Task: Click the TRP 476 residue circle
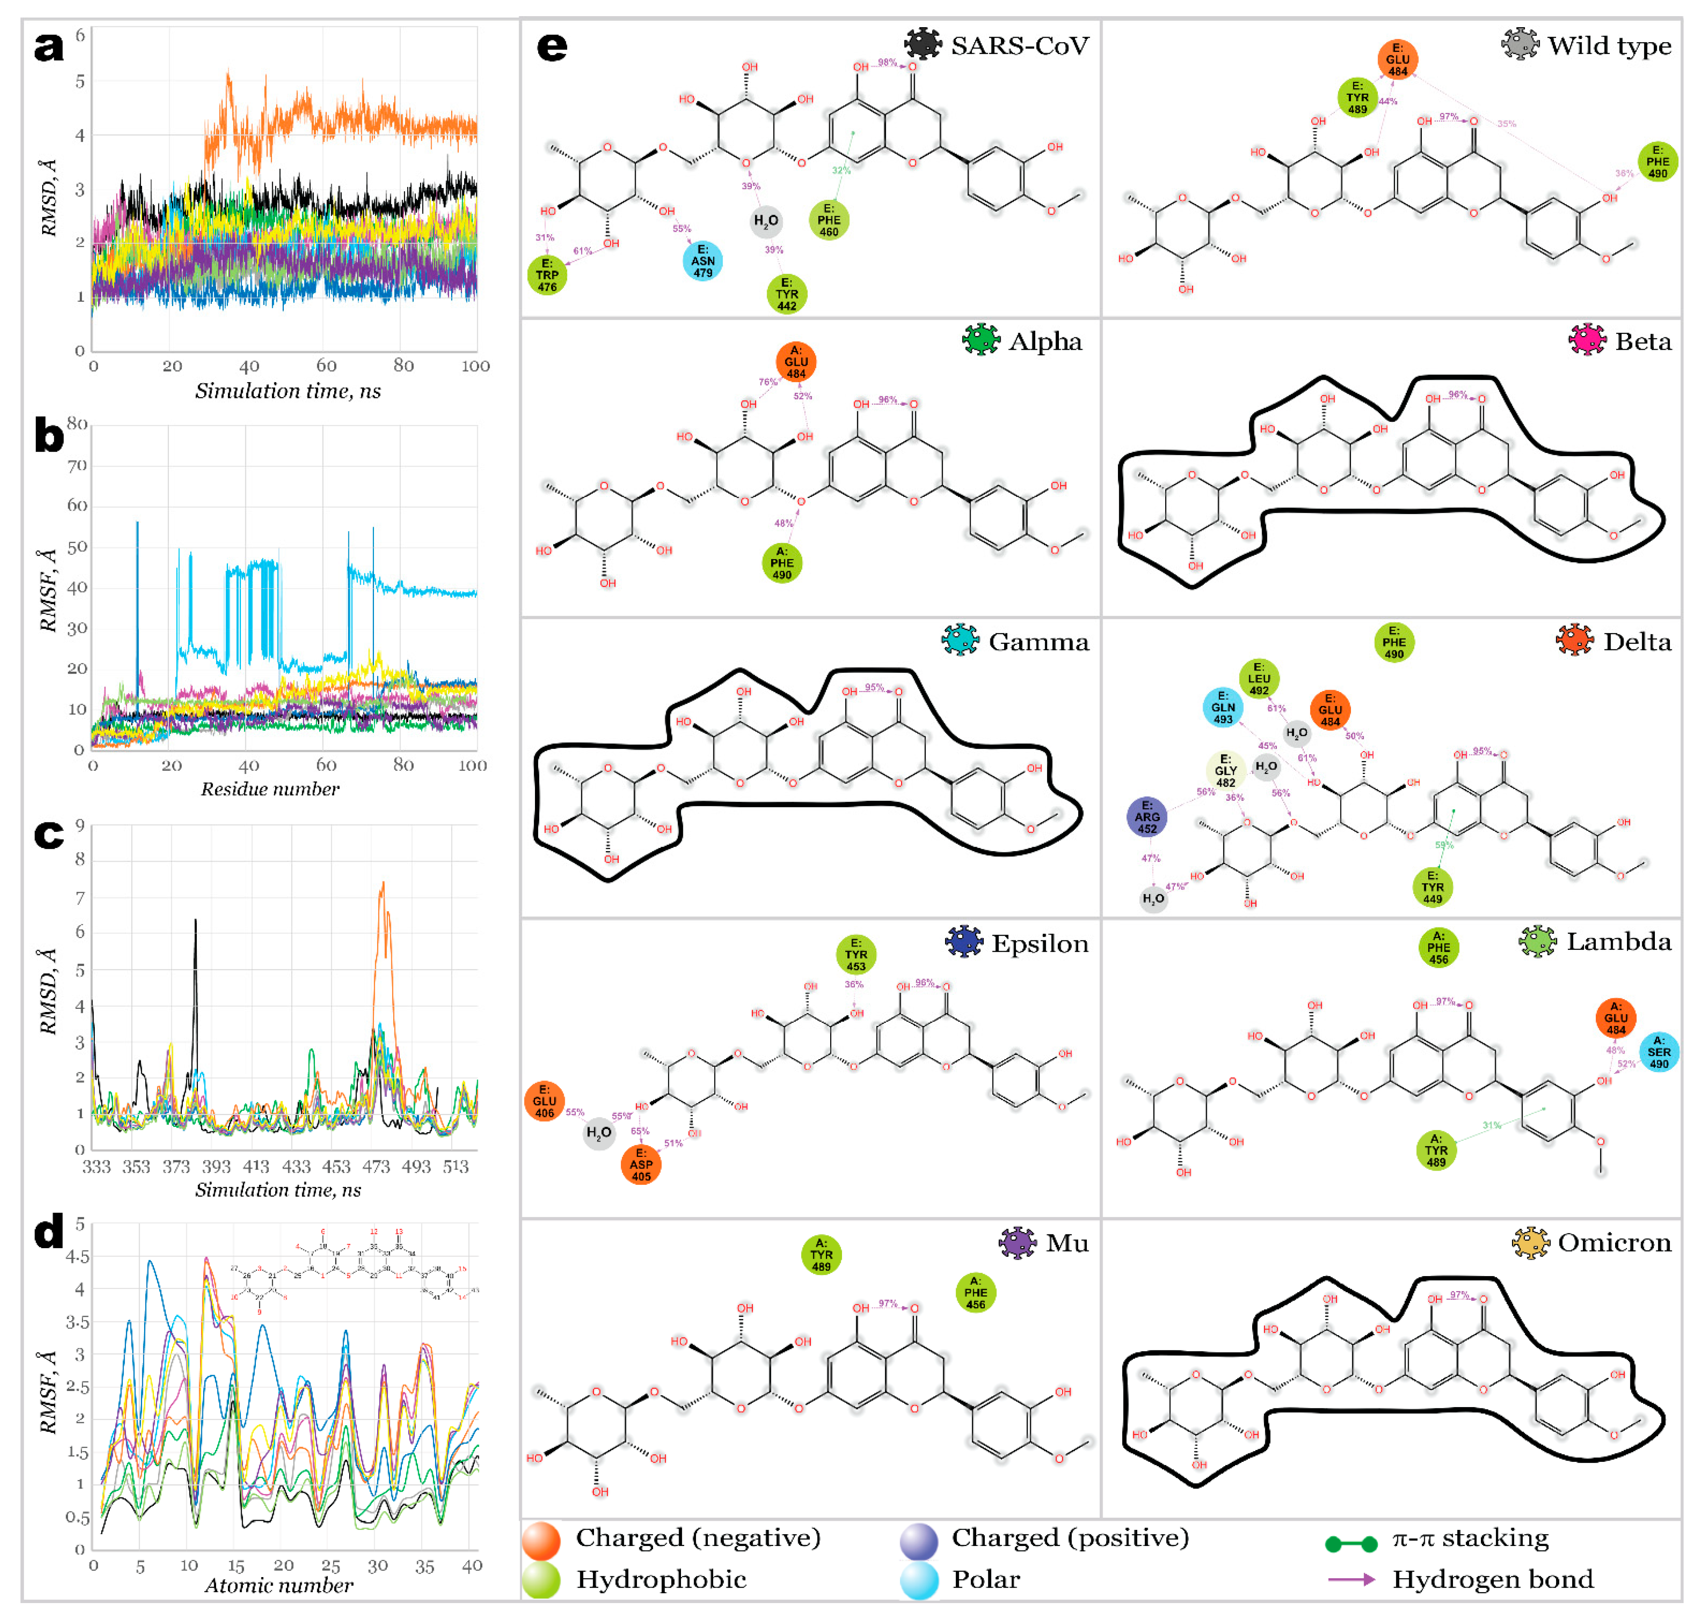pos(547,275)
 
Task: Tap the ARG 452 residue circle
pos(1146,817)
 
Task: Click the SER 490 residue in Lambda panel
pos(1659,1052)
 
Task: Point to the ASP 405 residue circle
pos(641,1164)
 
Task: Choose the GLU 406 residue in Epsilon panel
pos(544,1101)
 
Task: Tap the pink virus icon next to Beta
pos(1587,341)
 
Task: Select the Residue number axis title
pos(270,789)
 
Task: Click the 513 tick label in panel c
pos(455,1167)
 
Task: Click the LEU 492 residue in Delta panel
pos(1259,679)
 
